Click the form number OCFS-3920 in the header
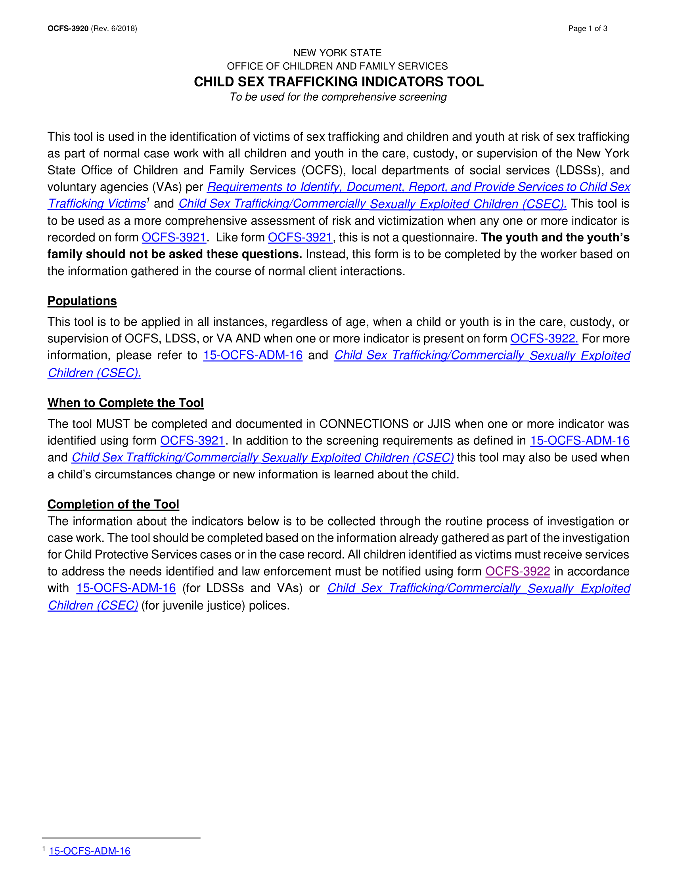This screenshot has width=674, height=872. click(68, 29)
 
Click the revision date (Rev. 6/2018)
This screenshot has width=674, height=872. click(114, 29)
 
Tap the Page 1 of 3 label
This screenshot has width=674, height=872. click(587, 29)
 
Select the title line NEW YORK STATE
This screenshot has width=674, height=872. click(337, 53)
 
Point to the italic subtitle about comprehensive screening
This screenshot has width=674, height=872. click(338, 97)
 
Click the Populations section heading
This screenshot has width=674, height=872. click(82, 301)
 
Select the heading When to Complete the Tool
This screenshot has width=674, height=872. click(125, 402)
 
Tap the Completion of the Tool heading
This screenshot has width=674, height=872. click(113, 504)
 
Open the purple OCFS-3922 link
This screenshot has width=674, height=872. click(517, 571)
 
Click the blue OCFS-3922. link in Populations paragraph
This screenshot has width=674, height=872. click(544, 338)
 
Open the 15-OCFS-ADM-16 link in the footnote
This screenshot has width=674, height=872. click(90, 851)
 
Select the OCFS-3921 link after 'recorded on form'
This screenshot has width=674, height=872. click(174, 237)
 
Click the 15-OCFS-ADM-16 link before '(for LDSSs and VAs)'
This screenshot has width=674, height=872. click(126, 588)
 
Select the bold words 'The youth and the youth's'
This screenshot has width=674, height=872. click(555, 237)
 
